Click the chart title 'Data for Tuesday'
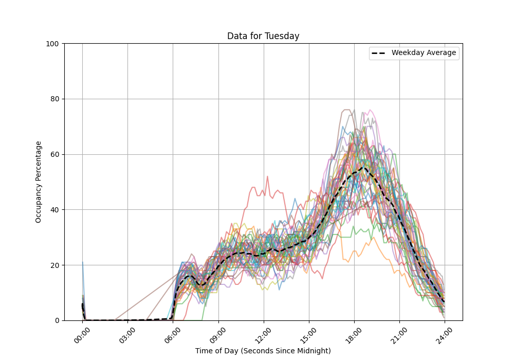click(263, 36)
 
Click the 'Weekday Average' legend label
click(424, 53)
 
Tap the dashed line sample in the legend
click(380, 53)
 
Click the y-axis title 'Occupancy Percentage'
click(39, 182)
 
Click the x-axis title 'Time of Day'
click(263, 351)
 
